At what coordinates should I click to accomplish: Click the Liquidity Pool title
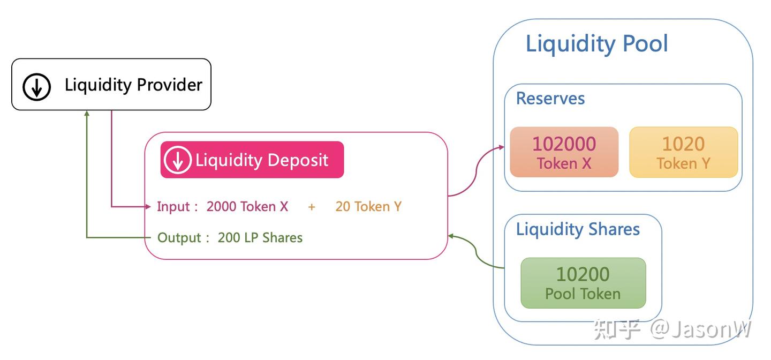click(x=596, y=44)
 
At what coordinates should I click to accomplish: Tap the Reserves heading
click(x=550, y=99)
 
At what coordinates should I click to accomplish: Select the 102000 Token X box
click(x=564, y=152)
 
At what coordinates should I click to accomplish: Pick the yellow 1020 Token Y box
click(x=684, y=152)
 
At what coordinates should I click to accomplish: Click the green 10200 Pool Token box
click(x=583, y=283)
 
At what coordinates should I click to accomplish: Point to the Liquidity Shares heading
click(x=578, y=230)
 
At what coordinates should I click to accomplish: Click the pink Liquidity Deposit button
click(x=252, y=160)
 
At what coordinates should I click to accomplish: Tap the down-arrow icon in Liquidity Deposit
click(x=178, y=160)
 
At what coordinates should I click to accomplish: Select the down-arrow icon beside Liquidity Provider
click(x=36, y=86)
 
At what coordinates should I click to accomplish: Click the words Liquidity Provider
click(x=133, y=85)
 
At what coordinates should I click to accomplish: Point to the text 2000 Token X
click(x=247, y=206)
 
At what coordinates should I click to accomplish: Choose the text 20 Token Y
click(x=368, y=206)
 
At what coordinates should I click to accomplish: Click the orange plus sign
click(x=312, y=207)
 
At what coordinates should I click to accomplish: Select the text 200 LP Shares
click(x=260, y=237)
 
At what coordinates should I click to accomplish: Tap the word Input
click(x=173, y=207)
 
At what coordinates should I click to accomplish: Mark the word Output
click(x=179, y=238)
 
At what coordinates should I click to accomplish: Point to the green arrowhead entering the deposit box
click(x=451, y=236)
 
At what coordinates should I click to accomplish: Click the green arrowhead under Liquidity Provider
click(x=87, y=114)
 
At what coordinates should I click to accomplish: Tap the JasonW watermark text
click(x=700, y=329)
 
